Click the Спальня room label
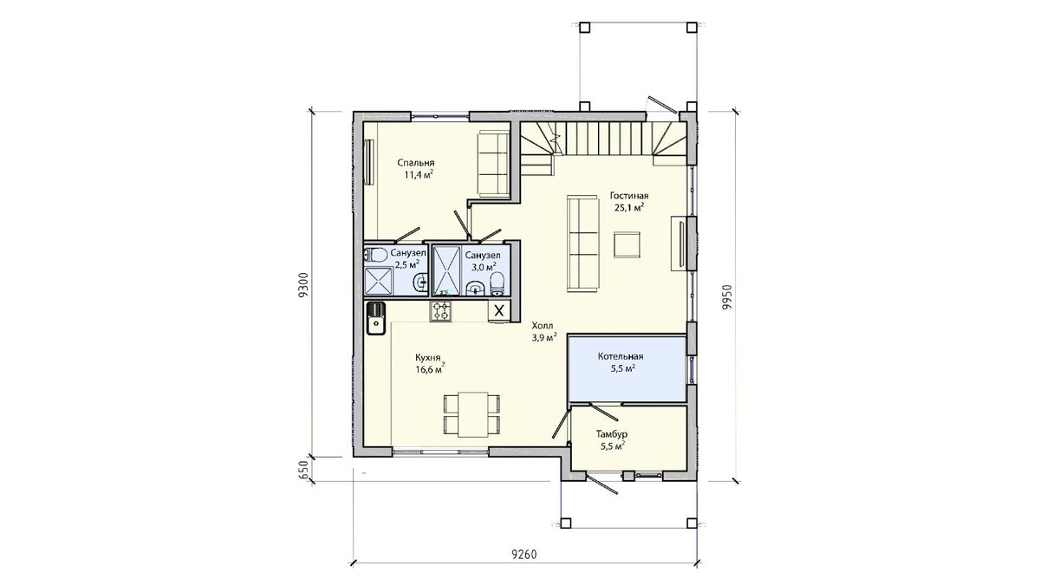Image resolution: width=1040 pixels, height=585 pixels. pos(416,163)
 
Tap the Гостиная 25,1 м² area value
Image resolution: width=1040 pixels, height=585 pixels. pos(629,207)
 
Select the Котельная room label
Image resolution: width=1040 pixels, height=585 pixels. pos(621,356)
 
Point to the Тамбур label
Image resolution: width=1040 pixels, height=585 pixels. pos(612,434)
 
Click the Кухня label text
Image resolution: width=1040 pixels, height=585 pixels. pos(427,358)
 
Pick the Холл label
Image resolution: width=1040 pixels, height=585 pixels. pos(543,325)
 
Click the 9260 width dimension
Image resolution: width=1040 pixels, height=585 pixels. pos(524,555)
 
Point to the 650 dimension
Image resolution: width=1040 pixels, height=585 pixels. pos(303,470)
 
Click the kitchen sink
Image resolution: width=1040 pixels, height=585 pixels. pos(376,319)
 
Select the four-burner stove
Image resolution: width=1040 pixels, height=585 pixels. pos(440,311)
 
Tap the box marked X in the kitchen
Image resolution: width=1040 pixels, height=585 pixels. pos(499,310)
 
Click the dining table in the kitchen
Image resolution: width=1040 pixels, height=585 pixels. pos(473,414)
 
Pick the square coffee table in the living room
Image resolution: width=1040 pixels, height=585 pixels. pos(627,244)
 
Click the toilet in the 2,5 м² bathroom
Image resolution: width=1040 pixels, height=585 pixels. pos(376,256)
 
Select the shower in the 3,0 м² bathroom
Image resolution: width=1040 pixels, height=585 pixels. pos(446,270)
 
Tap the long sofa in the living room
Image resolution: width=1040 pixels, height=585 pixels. pos(582,244)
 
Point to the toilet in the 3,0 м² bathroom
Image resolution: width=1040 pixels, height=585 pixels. pos(497,284)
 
